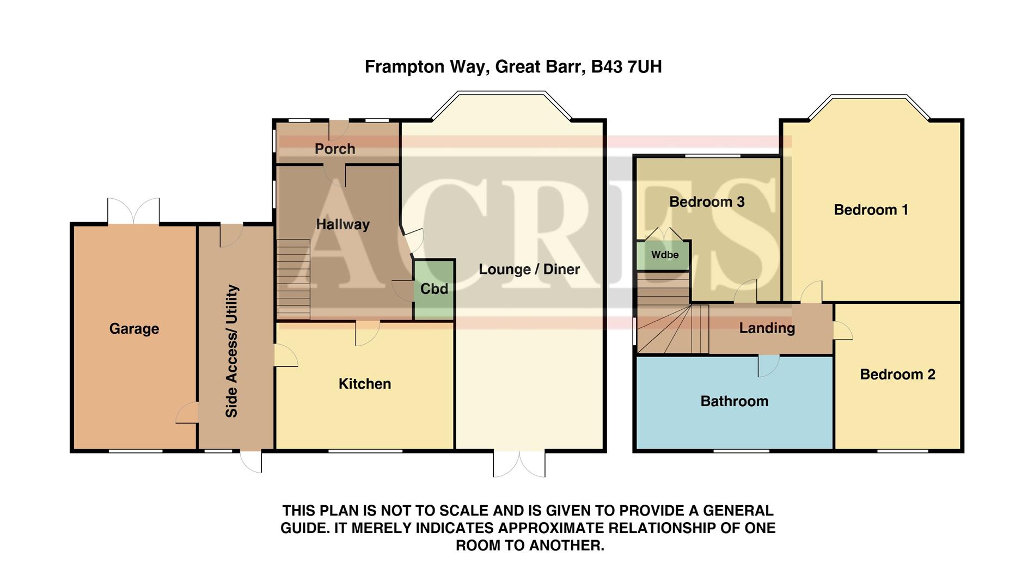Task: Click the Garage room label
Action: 134,329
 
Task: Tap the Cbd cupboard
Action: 434,289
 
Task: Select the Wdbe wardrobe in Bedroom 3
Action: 664,255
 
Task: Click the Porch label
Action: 335,149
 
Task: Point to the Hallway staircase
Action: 293,279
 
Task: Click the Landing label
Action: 767,328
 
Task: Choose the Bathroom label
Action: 734,401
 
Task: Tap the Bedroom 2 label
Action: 897,375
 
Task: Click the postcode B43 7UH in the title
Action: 626,67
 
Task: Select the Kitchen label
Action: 365,384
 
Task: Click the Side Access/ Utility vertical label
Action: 232,351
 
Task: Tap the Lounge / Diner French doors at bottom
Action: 519,463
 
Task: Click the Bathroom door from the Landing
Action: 769,365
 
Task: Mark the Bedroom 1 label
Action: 871,210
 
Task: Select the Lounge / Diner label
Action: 529,269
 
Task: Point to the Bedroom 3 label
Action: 707,202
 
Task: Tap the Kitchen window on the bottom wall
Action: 365,450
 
